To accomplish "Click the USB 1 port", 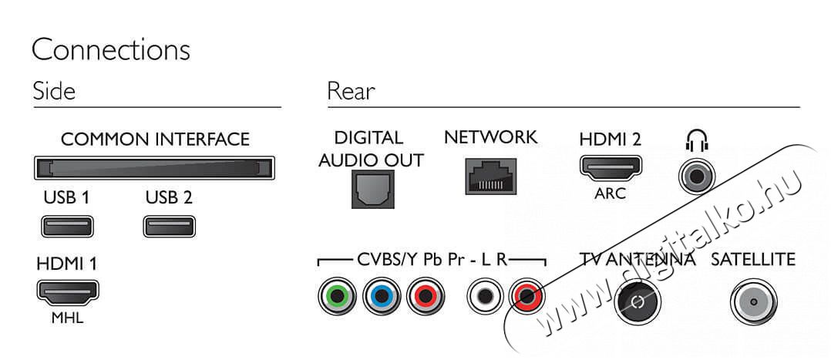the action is (x=67, y=227).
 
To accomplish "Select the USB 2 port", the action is (x=169, y=227).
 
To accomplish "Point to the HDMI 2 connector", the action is (x=611, y=167).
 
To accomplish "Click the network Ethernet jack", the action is (x=491, y=176).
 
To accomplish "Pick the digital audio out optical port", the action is (x=372, y=190).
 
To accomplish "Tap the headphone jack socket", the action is (x=697, y=176).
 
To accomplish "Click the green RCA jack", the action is (x=338, y=296).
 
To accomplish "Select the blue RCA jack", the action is (x=382, y=296).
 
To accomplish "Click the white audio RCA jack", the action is (x=485, y=296).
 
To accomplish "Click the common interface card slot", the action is (x=154, y=168).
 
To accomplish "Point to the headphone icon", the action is (x=696, y=141).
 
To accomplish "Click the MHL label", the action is (x=67, y=319).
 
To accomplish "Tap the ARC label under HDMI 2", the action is (x=610, y=193).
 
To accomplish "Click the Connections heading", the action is (x=111, y=51).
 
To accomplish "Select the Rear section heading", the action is (x=351, y=91).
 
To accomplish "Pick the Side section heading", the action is (x=54, y=91).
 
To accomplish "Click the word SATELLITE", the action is (x=753, y=260).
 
